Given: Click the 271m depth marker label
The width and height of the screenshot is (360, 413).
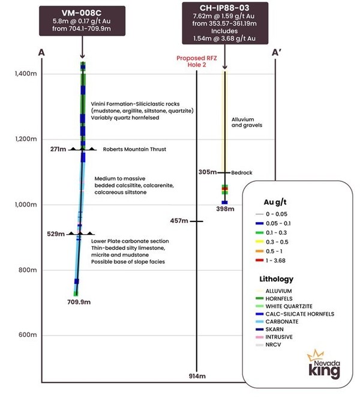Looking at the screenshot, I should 59,148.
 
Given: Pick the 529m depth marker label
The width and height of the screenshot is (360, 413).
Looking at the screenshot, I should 56,234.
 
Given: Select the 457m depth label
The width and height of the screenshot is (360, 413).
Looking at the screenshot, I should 179,222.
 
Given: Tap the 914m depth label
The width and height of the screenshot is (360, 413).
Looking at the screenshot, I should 198,376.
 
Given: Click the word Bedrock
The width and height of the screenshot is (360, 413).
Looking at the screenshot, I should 242,172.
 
